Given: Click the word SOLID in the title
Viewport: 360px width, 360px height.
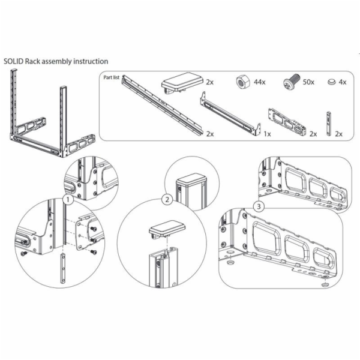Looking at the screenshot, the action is [x=14, y=62].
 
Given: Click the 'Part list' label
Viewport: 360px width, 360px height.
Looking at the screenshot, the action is [x=112, y=77].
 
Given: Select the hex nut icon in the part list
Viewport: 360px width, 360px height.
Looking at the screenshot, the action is [x=243, y=82].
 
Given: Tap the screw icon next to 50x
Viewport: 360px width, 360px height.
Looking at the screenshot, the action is [x=292, y=81].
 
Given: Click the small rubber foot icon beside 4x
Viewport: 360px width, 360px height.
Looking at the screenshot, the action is [x=332, y=81].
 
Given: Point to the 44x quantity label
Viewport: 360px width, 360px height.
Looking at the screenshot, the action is [x=259, y=82].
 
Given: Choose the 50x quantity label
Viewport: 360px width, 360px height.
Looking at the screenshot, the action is [x=308, y=82].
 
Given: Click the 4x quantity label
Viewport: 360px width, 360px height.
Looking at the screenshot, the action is [x=343, y=82].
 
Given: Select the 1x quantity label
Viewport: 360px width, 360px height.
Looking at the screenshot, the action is [x=267, y=134].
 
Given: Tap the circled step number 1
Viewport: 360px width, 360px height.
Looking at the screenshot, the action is [x=68, y=200].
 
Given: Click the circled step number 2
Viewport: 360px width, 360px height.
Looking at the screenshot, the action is [x=167, y=199].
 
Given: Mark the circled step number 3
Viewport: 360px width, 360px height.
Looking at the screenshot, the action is [x=259, y=206].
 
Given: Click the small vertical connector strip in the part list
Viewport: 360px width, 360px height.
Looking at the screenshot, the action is [x=329, y=124].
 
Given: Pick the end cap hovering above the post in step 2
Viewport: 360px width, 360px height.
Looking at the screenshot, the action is [x=167, y=229].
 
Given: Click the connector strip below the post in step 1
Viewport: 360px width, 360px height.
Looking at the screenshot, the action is [x=64, y=268].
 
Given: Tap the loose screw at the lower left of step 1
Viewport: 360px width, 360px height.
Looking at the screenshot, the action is [x=23, y=253].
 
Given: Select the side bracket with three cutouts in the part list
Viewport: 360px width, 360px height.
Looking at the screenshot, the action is [x=287, y=122].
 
